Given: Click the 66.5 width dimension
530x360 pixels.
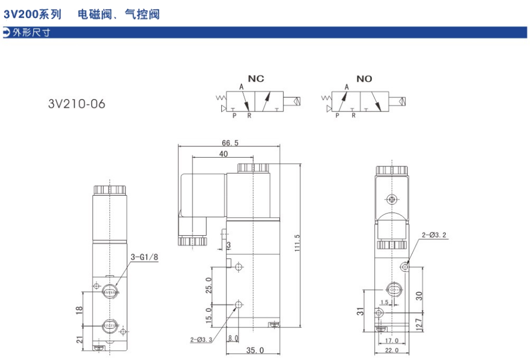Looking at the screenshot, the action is coord(230,143).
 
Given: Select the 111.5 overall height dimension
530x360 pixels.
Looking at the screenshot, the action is coord(297,243).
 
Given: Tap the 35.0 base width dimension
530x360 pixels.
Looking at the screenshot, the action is coord(255,350).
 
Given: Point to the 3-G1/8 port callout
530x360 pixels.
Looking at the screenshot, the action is coord(144,257).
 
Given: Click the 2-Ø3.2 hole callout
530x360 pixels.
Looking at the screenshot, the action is coord(434,235).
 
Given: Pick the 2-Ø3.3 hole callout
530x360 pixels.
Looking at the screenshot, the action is coord(201,339).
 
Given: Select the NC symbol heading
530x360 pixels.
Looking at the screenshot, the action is coord(256,79).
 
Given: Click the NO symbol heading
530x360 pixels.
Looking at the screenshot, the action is coord(364,79).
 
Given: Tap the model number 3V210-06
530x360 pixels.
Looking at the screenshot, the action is coord(77,104).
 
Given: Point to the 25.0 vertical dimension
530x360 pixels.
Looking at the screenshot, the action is coord(209,285).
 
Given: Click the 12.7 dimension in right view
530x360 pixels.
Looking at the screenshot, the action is coord(419,325).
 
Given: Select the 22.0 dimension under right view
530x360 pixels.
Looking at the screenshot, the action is coord(392,351).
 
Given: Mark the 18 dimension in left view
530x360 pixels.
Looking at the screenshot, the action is coord(79,310).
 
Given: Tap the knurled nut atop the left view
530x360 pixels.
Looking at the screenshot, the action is coord(110,190).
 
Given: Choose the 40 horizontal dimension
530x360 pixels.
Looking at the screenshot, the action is coord(223,154).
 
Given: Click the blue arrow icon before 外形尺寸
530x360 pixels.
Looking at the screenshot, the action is coord(7,32).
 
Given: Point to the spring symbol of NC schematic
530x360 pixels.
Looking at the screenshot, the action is coord(221,98).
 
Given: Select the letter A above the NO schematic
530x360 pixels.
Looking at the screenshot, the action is coord(347,87).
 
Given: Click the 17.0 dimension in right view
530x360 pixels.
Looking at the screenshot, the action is coord(392,340).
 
